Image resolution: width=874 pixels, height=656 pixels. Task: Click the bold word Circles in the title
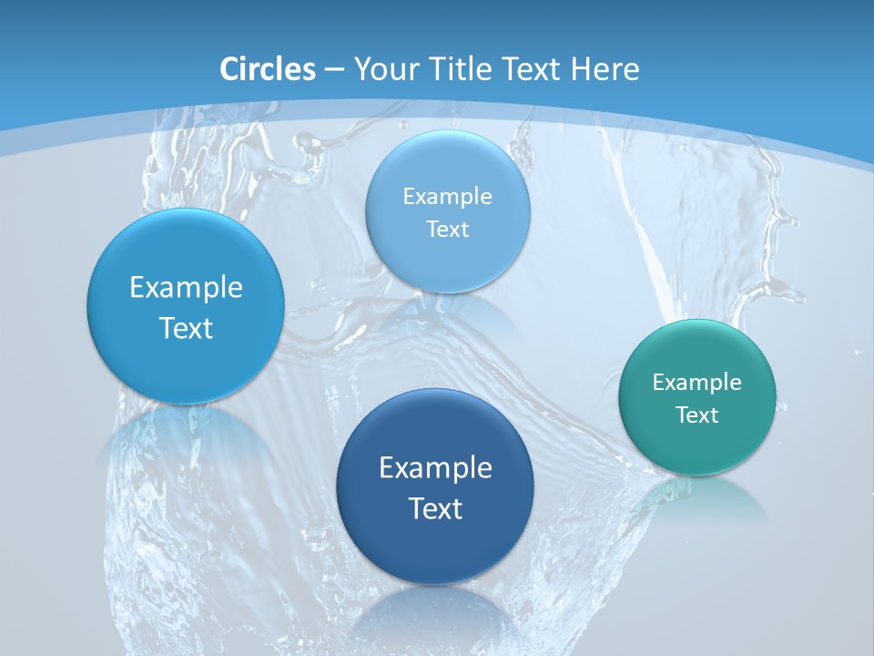(x=268, y=69)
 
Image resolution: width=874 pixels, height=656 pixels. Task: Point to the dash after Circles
(x=334, y=70)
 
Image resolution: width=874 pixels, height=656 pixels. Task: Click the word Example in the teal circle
(x=697, y=382)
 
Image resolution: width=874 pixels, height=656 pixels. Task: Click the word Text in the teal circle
(x=697, y=415)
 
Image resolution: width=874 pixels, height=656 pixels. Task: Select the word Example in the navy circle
(x=435, y=468)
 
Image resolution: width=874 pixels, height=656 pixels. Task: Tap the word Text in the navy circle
(x=435, y=508)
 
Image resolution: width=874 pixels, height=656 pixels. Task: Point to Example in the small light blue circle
(x=448, y=196)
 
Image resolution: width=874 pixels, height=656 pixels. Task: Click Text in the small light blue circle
(x=448, y=229)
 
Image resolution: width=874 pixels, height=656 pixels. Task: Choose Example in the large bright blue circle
(x=186, y=288)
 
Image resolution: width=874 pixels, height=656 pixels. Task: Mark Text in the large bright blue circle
(x=186, y=328)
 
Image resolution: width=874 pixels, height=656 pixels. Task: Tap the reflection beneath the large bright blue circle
(x=186, y=437)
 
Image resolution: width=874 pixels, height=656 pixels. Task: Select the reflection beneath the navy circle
(x=434, y=615)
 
